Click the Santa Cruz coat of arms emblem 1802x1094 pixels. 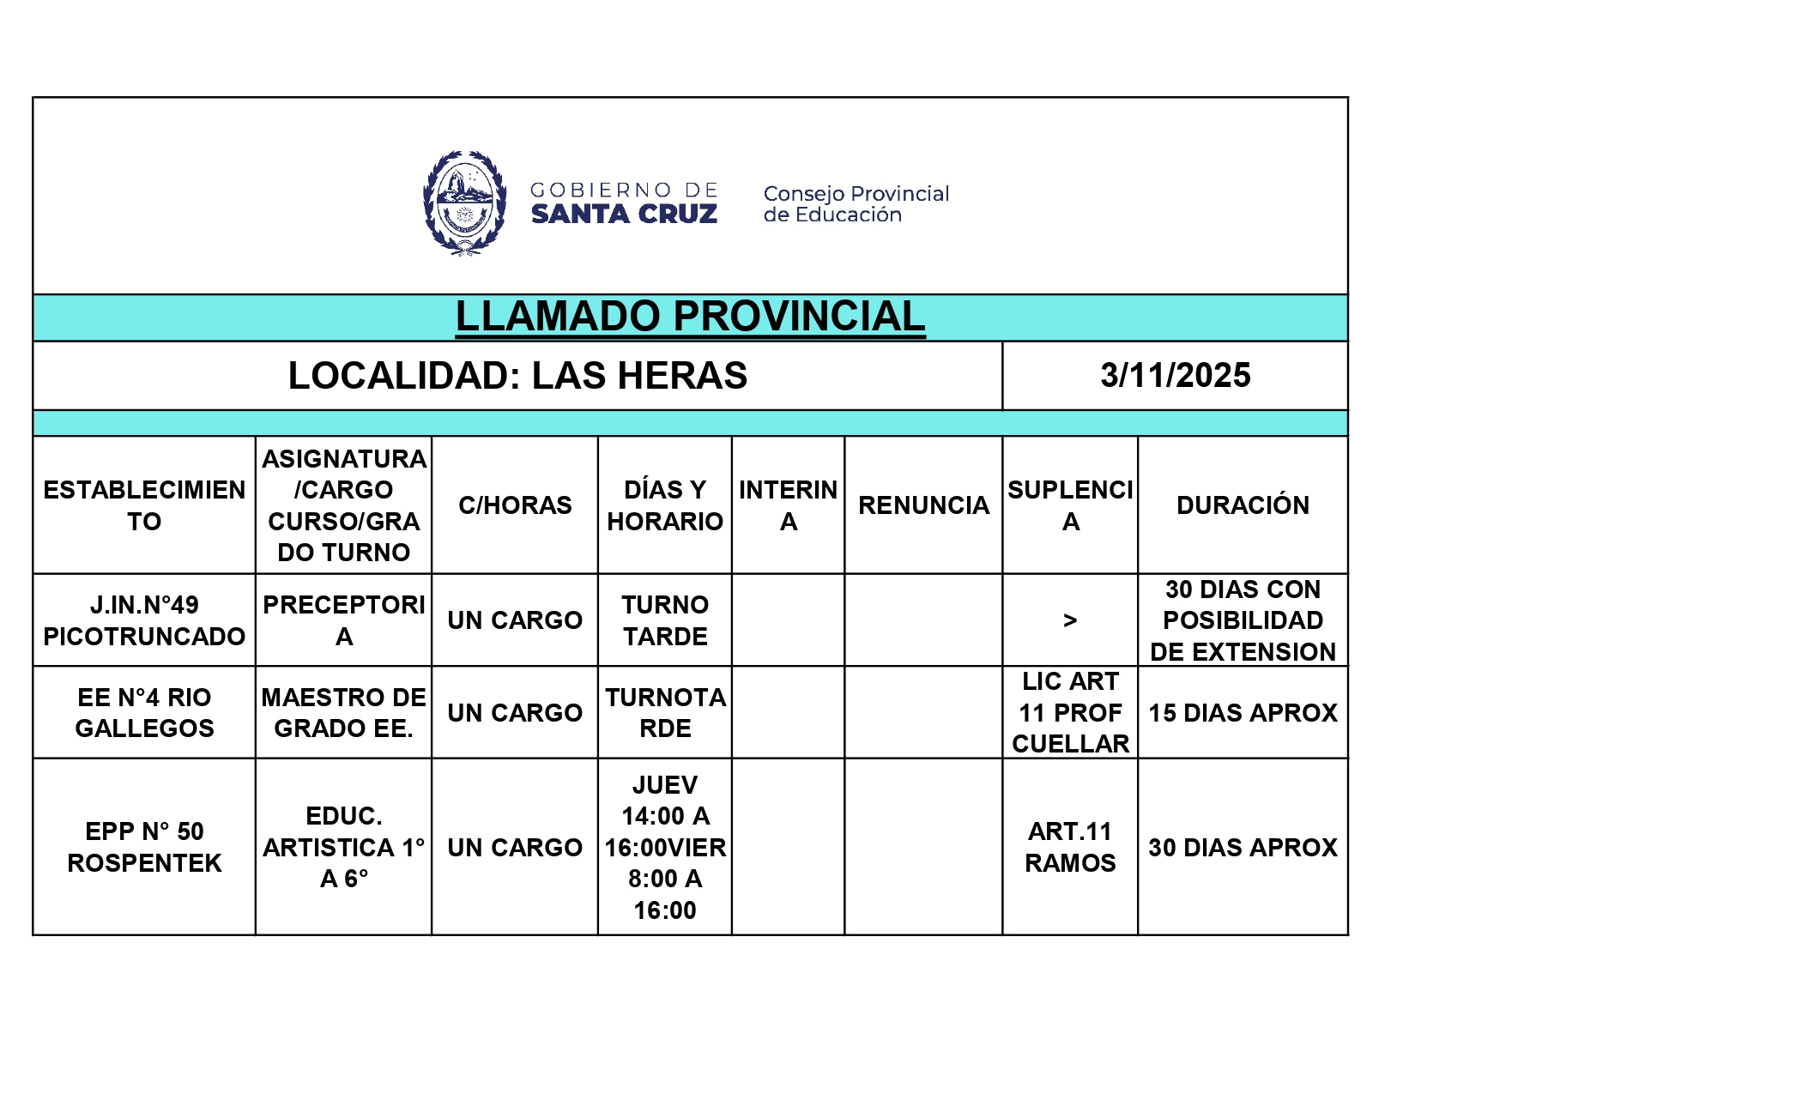coord(464,203)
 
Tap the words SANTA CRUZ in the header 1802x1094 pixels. coord(624,215)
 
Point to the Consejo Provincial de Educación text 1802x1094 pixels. coord(856,204)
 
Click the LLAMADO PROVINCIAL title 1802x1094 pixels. coord(690,317)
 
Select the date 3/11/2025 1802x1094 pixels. coord(1175,376)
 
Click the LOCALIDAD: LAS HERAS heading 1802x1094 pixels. coord(517,376)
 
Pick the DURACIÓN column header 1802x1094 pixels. coord(1243,505)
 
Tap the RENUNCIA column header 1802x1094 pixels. coord(923,505)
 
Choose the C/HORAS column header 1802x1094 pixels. coord(515,505)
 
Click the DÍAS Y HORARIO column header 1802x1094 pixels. coord(665,505)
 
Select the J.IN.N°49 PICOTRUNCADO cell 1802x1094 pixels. coord(144,620)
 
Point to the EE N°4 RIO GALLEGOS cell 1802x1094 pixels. coord(144,712)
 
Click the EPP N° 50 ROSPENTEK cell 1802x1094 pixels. coord(144,847)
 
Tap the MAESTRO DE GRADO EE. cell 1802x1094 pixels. coord(343,712)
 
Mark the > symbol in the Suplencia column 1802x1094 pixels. coord(1070,620)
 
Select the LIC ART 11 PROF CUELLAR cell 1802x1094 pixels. coord(1070,712)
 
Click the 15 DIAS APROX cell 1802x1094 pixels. coord(1243,712)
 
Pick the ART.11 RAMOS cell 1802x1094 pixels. coord(1070,847)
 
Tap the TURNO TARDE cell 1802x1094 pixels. coord(665,620)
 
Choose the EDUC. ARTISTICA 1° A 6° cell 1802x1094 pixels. coord(343,847)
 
